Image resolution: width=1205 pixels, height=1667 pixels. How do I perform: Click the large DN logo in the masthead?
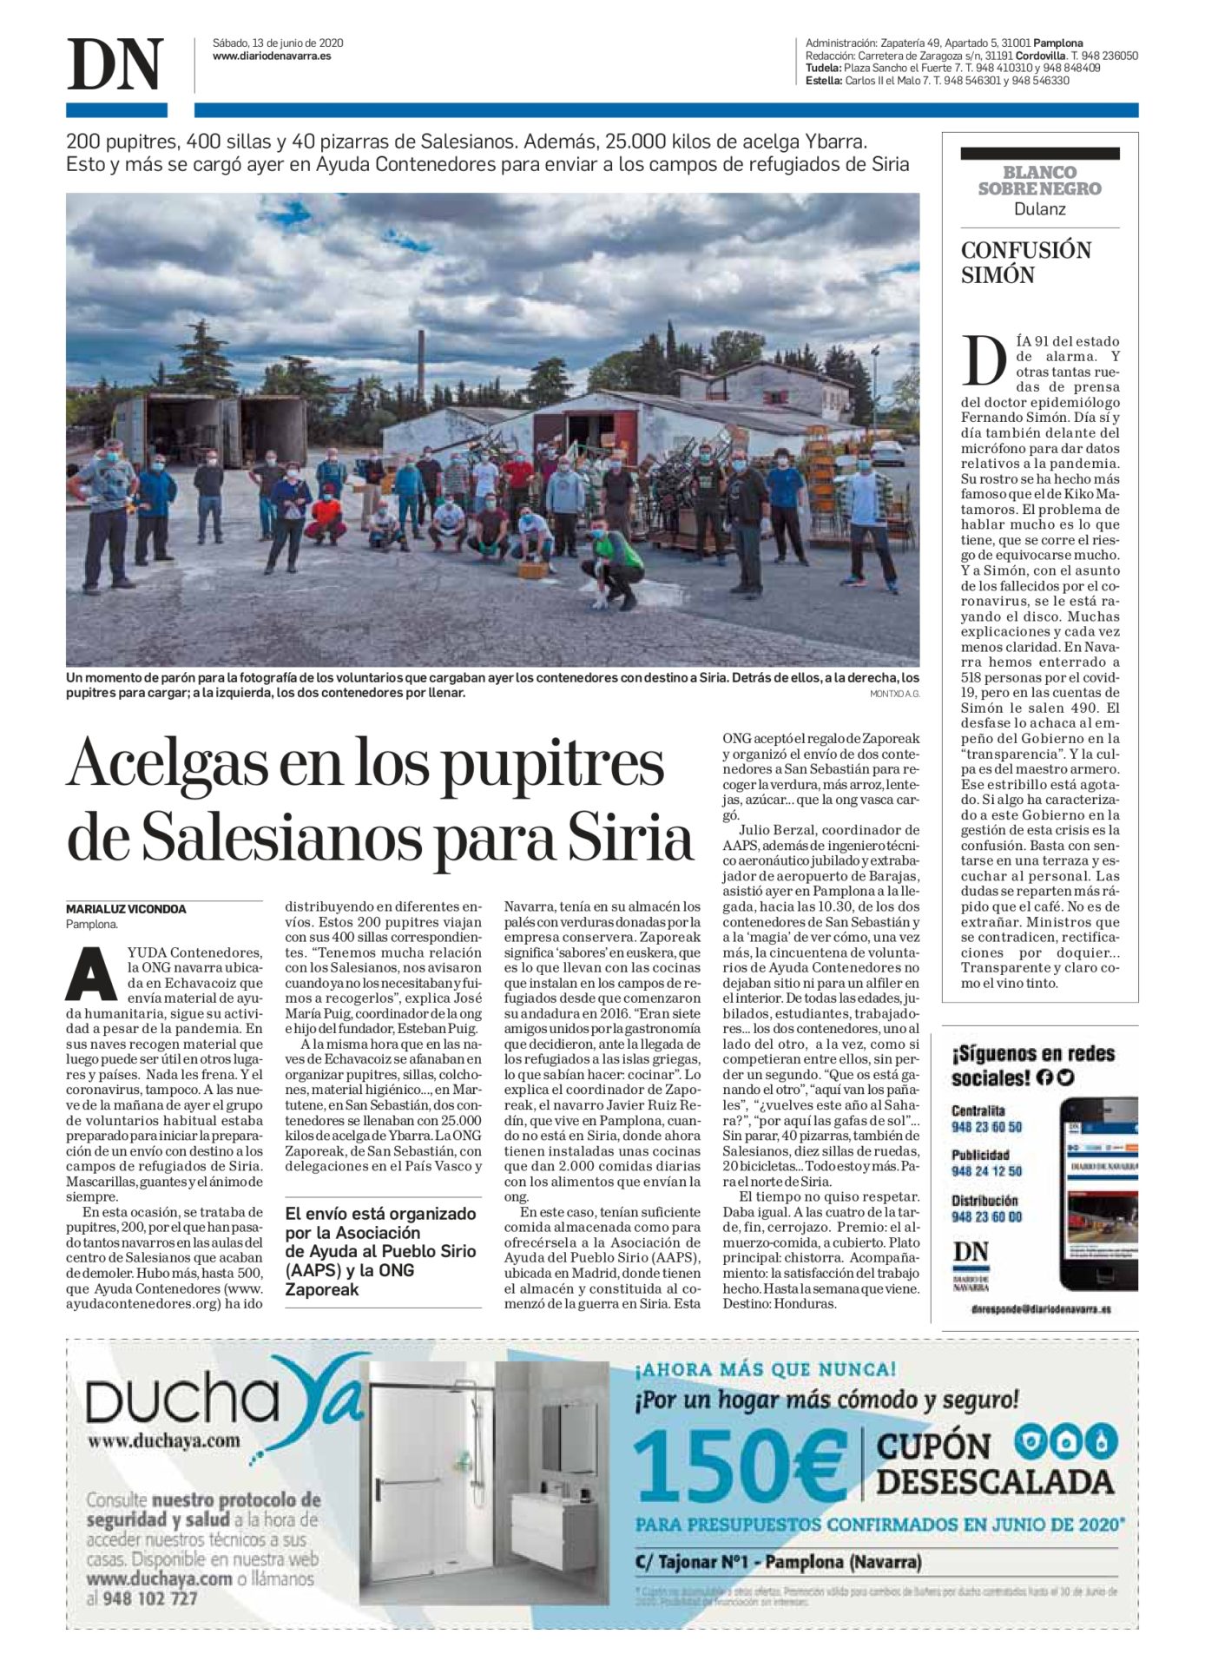tap(115, 64)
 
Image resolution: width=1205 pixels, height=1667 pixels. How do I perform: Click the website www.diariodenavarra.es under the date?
tap(272, 56)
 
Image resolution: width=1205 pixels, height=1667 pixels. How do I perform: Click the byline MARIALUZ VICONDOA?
tap(126, 909)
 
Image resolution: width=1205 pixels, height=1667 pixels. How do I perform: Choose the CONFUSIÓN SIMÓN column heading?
tap(1025, 262)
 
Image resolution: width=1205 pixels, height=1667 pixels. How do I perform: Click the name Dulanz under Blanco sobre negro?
tap(1039, 209)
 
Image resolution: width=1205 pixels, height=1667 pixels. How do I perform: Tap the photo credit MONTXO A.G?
tap(894, 694)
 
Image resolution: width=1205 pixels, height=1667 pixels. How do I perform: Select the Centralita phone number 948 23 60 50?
tap(986, 1127)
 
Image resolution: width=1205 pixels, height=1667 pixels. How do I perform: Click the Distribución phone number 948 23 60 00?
tap(986, 1217)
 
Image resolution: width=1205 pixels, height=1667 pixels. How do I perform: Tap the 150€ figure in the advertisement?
tap(741, 1466)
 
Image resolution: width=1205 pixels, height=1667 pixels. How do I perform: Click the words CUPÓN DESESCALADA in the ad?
tap(994, 1464)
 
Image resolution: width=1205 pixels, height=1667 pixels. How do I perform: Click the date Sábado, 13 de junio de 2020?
tap(278, 43)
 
